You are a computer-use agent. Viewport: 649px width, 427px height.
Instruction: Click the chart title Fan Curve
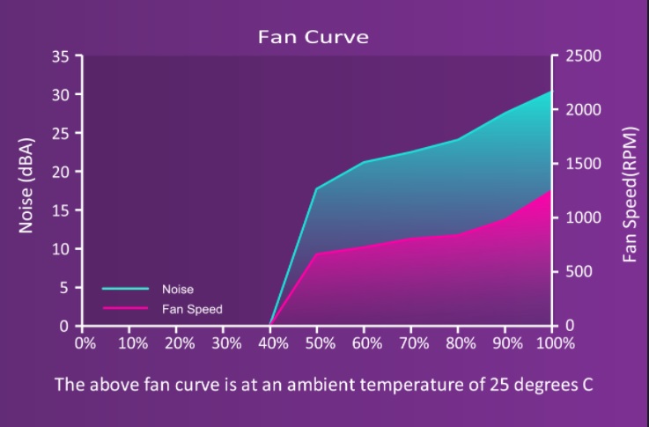(313, 36)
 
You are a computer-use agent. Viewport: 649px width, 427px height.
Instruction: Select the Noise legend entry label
(178, 290)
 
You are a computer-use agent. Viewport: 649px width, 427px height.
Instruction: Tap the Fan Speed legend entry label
(192, 309)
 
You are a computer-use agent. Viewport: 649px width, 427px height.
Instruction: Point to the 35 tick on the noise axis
(61, 55)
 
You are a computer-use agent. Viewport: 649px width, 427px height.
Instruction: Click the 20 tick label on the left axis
(61, 172)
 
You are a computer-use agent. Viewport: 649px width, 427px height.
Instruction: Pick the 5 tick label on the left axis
(63, 288)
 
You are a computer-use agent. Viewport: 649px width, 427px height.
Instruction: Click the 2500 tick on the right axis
(583, 55)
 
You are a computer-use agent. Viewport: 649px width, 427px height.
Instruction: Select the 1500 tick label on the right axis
(583, 164)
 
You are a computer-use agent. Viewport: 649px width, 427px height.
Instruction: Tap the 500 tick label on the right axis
(579, 271)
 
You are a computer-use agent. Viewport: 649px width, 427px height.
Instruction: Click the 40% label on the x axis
(273, 343)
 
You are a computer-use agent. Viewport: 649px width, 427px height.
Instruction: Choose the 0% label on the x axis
(85, 343)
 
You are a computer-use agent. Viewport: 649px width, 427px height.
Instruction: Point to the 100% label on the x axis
(556, 343)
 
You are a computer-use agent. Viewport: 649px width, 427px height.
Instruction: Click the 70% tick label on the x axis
(414, 343)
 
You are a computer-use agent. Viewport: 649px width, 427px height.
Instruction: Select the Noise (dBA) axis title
(26, 186)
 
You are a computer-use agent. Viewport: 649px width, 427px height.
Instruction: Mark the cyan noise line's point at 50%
(317, 189)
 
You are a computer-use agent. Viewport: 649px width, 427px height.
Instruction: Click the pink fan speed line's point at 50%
(317, 254)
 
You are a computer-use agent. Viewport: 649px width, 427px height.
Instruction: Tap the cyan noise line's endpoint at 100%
(552, 91)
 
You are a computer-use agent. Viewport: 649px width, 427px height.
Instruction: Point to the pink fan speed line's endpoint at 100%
(551, 190)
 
